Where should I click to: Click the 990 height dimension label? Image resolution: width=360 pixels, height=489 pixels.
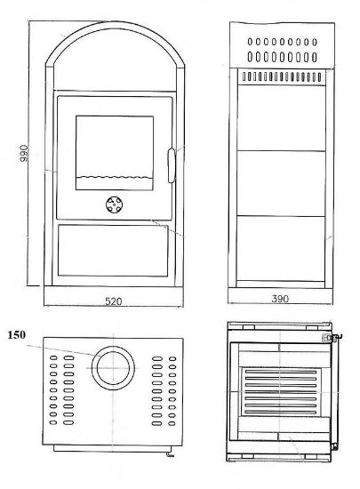click(24, 153)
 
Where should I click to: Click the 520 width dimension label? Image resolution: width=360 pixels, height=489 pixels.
click(114, 301)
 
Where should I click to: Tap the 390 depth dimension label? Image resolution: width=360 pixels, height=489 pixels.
click(280, 299)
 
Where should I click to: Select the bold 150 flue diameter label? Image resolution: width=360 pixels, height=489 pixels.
click(17, 335)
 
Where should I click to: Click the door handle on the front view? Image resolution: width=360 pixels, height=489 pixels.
click(172, 165)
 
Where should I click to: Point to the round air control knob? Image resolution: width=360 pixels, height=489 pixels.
click(114, 204)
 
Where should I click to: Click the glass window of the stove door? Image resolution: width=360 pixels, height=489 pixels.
click(115, 153)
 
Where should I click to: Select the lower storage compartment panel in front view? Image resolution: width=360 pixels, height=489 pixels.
click(113, 250)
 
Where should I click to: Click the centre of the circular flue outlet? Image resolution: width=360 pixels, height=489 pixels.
click(113, 368)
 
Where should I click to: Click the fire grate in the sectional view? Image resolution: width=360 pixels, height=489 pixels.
click(280, 392)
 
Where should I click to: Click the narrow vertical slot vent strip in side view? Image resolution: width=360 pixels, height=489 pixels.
click(282, 76)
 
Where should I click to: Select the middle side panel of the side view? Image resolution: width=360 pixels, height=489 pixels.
click(281, 183)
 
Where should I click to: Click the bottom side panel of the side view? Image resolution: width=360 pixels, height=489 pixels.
click(281, 249)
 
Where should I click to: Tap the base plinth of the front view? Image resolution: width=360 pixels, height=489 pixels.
click(114, 296)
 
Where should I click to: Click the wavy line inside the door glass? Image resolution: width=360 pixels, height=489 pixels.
click(115, 178)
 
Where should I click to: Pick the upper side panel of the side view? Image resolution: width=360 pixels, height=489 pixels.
click(281, 118)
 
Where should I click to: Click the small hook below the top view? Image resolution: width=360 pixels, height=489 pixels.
click(169, 454)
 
